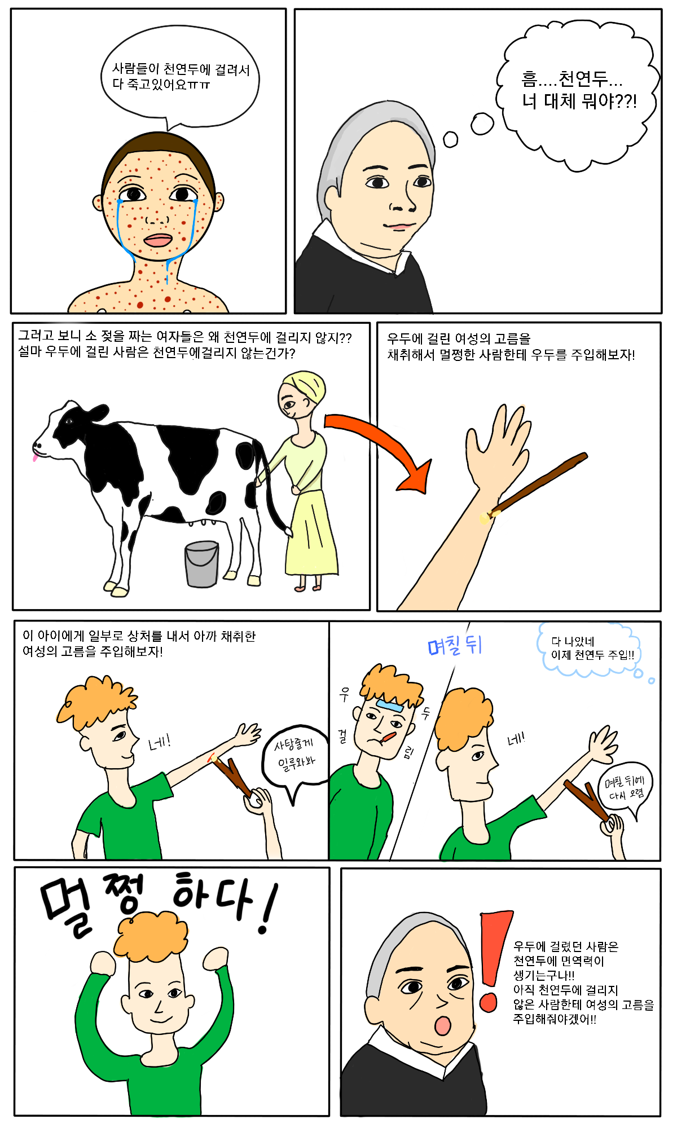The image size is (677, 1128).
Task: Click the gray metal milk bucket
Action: (x=202, y=564)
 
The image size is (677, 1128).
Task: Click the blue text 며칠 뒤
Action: (x=455, y=645)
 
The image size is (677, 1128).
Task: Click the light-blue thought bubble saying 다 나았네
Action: (x=591, y=649)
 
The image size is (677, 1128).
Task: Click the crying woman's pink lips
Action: (x=158, y=240)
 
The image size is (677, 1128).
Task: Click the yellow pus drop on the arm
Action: (x=485, y=517)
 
